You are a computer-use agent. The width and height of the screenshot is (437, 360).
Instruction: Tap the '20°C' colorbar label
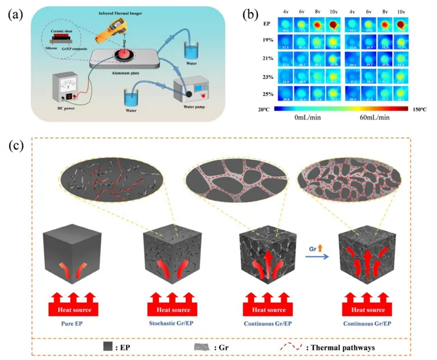coord(263,109)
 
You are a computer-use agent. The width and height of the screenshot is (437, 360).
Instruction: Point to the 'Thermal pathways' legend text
coord(348,346)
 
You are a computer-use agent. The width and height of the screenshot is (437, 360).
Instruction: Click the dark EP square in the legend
coord(107,345)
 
